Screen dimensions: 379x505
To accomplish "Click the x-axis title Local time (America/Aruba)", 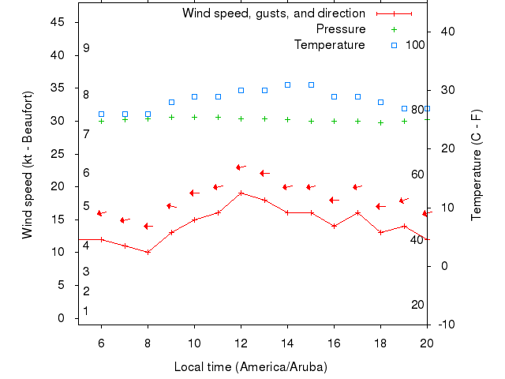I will [x=250, y=367].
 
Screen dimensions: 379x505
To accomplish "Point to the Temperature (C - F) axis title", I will [x=477, y=165].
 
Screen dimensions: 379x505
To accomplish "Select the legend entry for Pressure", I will [x=341, y=29].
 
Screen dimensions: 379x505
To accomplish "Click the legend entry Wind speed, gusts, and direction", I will [x=273, y=13].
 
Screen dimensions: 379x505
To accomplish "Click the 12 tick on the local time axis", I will [x=241, y=342].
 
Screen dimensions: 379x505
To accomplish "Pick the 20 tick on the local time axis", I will [x=427, y=342].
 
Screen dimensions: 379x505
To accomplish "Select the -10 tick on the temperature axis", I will [x=446, y=325].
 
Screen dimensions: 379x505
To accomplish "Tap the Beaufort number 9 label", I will [x=86, y=48].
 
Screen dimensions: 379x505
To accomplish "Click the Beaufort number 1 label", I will [x=85, y=311].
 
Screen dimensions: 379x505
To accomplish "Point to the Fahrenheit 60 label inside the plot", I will [x=417, y=174].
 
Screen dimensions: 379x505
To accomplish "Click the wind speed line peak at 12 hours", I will [x=241, y=193].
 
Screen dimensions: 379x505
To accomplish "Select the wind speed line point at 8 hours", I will [x=148, y=252].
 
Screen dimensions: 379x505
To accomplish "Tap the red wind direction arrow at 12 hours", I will [x=241, y=167].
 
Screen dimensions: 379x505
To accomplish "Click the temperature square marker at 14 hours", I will [x=287, y=84].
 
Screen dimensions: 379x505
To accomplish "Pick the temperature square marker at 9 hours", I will [x=171, y=102].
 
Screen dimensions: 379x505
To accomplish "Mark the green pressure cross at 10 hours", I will [x=194, y=117].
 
